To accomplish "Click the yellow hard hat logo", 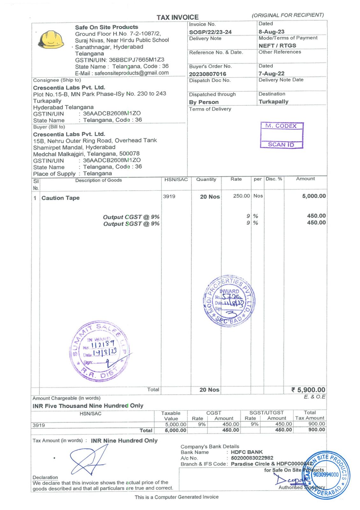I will point(51,40).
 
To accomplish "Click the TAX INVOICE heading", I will point(177,17).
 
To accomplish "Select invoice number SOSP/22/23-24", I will point(210,32).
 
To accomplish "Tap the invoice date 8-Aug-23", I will point(271,32).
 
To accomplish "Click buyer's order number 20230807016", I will point(207,74).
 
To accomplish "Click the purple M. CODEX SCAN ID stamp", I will point(282,135).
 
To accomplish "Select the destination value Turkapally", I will point(273,102).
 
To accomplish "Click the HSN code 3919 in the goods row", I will point(169,196).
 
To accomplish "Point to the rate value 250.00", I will point(241,196).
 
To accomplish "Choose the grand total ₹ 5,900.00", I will point(308,390).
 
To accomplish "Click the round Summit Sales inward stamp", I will point(100,351).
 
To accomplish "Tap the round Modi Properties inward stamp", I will point(229,301).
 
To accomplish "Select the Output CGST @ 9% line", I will point(131,217).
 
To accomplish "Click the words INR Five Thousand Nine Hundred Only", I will point(88,406).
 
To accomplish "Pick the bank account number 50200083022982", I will point(252,458).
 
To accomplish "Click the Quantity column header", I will point(206,179).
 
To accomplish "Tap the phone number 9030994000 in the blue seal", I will point(326,475).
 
